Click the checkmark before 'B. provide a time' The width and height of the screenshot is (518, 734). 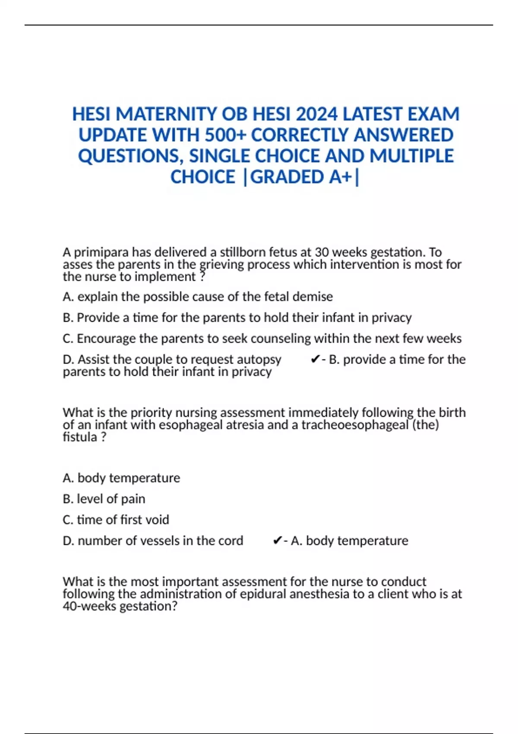315,359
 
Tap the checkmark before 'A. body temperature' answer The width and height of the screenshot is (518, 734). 278,541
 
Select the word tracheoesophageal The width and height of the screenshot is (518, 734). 354,425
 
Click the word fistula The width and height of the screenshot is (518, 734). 80,437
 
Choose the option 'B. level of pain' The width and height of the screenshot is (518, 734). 104,499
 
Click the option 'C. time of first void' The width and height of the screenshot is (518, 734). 116,519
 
